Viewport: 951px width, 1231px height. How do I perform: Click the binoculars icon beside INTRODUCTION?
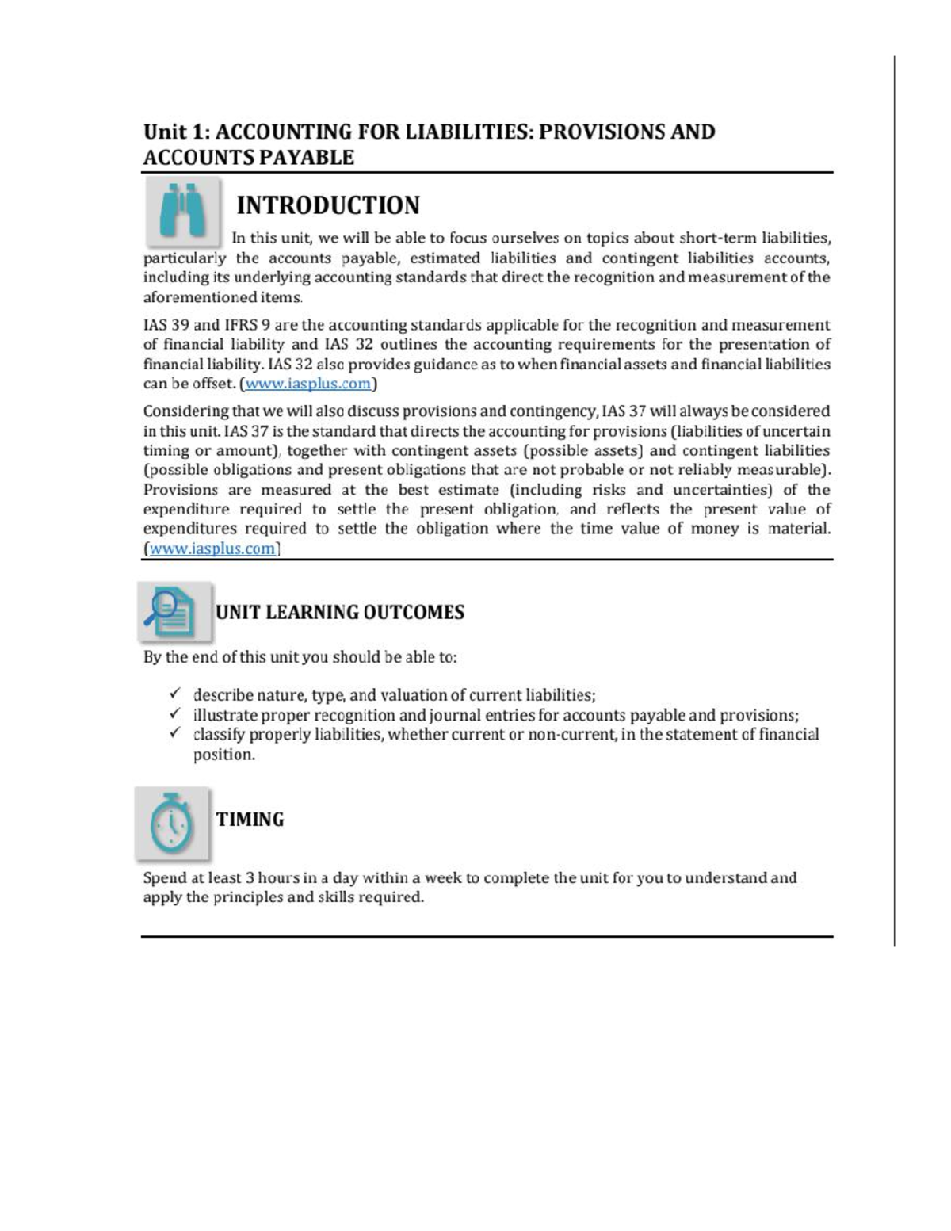click(x=183, y=210)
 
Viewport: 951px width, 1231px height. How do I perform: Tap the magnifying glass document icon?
click(x=174, y=612)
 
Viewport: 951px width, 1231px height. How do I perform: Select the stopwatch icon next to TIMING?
click(x=172, y=823)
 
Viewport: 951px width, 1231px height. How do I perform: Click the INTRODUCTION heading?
click(x=328, y=205)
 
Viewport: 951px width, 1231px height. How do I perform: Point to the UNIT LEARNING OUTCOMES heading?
click(x=339, y=612)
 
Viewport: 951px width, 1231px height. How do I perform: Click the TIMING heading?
click(x=250, y=820)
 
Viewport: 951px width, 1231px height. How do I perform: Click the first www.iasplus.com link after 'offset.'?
click(x=307, y=384)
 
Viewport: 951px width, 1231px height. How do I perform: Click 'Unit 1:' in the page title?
click(x=176, y=132)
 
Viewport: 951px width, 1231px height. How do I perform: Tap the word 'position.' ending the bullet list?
click(x=224, y=754)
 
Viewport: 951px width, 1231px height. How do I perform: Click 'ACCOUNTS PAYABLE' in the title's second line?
click(x=248, y=157)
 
